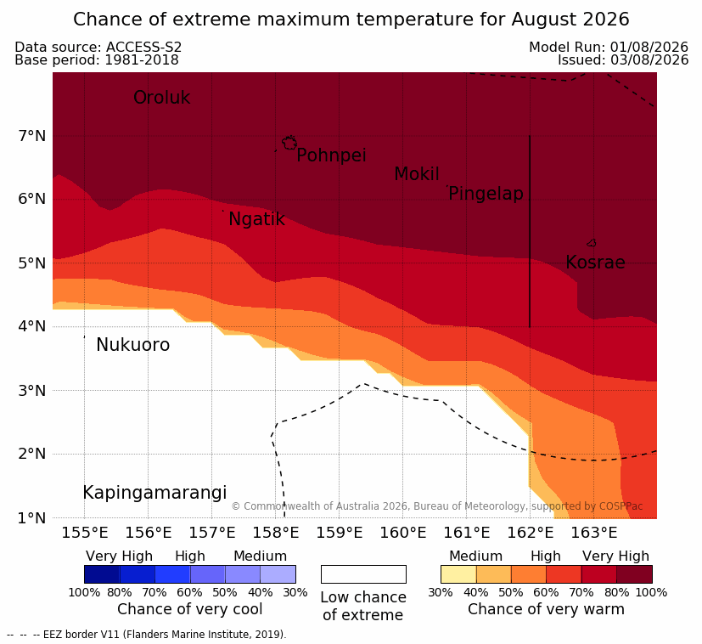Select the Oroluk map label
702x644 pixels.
[x=161, y=98]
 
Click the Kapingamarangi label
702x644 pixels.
[x=154, y=493]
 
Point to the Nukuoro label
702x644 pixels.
[x=133, y=345]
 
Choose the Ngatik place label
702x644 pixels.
[x=256, y=219]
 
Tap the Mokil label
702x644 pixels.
[x=417, y=174]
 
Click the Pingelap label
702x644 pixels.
[x=486, y=194]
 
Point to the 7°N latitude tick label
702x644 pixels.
[x=32, y=135]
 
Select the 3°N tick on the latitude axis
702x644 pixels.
[x=32, y=390]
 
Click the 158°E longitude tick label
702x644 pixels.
[x=275, y=533]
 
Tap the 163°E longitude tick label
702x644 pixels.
[x=593, y=533]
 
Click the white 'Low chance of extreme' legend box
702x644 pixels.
[x=363, y=574]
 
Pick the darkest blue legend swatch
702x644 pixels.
[x=102, y=574]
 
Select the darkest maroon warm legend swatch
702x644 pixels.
[x=634, y=574]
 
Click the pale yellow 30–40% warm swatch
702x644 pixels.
[x=458, y=574]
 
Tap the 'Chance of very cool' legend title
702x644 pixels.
[x=190, y=609]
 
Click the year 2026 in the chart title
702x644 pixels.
[x=607, y=20]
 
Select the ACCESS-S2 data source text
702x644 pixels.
[x=143, y=47]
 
